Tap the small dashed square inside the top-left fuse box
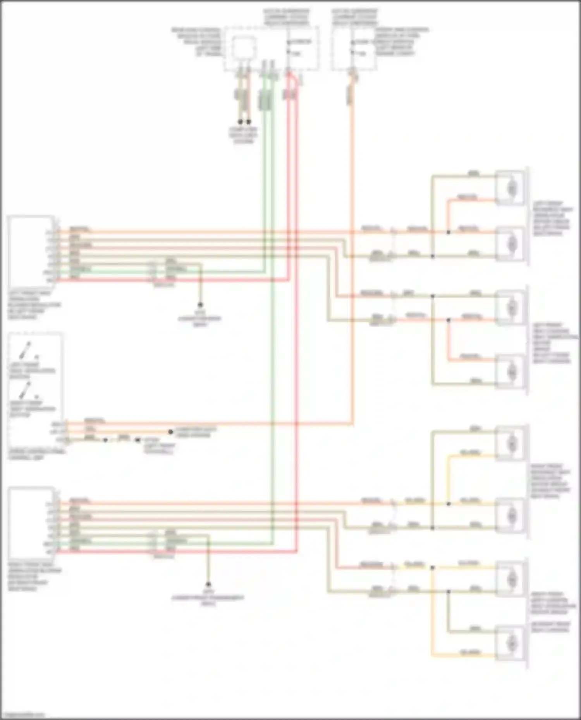244,48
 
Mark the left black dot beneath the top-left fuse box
241,122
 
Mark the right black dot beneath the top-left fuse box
249,122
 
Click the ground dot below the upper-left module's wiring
200,305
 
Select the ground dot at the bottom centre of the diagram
208,584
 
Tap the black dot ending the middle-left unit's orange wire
170,432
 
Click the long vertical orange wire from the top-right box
352,271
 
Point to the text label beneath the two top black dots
244,135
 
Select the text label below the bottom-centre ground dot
208,600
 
